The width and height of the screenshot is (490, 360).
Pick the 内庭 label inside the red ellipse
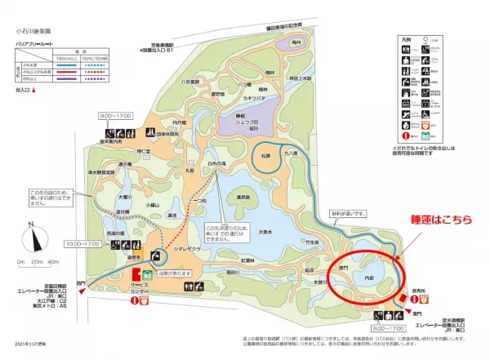(368, 277)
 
